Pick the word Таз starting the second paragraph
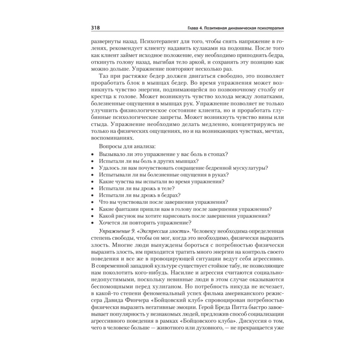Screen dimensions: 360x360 103,76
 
